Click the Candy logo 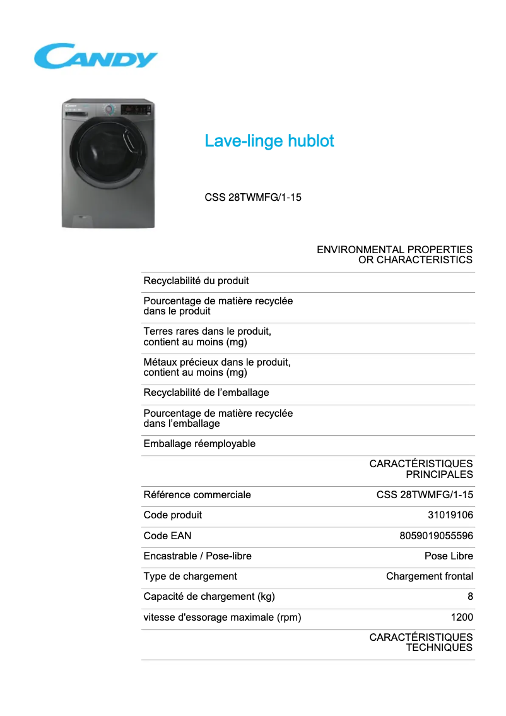point(95,56)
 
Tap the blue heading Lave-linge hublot point(269,141)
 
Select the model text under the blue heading point(253,198)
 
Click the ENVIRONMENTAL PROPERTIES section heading point(394,254)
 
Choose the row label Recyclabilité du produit point(196,281)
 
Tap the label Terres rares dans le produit point(208,331)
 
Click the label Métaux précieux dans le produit point(217,362)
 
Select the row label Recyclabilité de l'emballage point(206,393)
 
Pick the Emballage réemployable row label point(199,444)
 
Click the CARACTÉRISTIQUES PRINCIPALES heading point(421,469)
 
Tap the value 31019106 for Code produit point(450,515)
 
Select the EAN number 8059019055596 point(436,536)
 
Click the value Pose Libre point(449,556)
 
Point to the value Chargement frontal point(429,576)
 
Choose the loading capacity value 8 point(470,597)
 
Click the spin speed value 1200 point(462,618)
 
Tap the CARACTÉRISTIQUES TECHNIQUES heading point(421,642)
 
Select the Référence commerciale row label point(197,495)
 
